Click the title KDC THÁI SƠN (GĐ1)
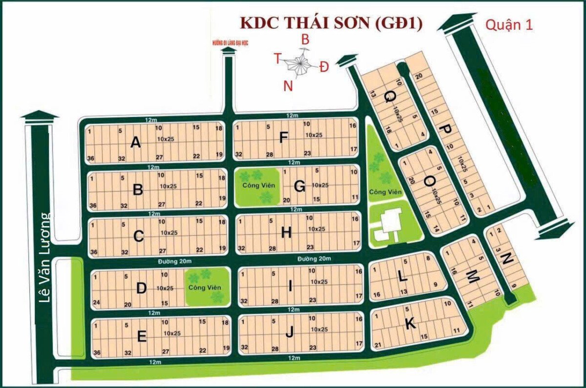pos(329,23)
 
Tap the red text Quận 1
pos(508,25)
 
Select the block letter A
pos(136,143)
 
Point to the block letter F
pos(283,139)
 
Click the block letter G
pos(300,186)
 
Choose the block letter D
pos(141,288)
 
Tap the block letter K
pos(410,323)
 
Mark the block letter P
pos(445,129)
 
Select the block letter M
pos(472,277)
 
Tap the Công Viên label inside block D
pos(205,287)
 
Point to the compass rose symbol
pos(299,63)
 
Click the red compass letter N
pos(288,86)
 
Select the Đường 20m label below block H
pos(315,258)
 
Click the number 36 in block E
pos(97,353)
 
